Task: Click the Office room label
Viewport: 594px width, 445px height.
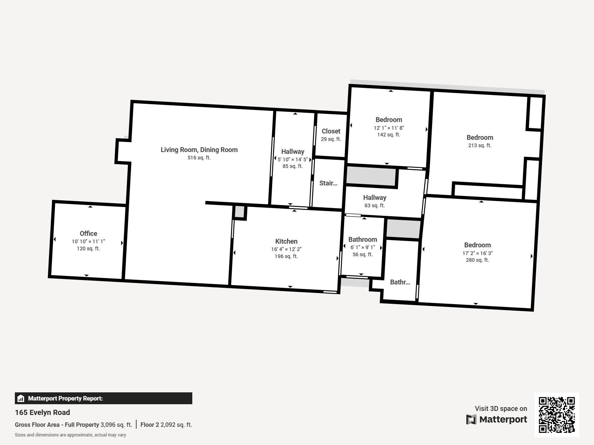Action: pyautogui.click(x=88, y=233)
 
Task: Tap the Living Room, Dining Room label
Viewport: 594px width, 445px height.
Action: pyautogui.click(x=199, y=150)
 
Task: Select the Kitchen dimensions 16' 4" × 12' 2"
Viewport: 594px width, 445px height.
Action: pyautogui.click(x=286, y=249)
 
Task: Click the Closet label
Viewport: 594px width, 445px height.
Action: pyautogui.click(x=331, y=131)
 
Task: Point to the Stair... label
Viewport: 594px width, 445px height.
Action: pyautogui.click(x=328, y=183)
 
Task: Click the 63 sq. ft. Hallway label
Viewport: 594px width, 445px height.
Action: pyautogui.click(x=375, y=205)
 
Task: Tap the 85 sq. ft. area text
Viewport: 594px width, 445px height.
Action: pyautogui.click(x=293, y=166)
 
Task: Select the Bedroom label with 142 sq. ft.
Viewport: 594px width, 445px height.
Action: pyautogui.click(x=389, y=120)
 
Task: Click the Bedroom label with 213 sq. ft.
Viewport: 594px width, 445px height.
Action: pyautogui.click(x=480, y=138)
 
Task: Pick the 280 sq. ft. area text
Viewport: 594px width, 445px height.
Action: pyautogui.click(x=477, y=260)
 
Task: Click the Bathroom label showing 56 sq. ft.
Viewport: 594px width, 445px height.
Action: pyautogui.click(x=362, y=240)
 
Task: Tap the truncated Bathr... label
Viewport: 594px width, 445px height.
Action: pyautogui.click(x=400, y=282)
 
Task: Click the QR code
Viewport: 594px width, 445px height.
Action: pyautogui.click(x=557, y=415)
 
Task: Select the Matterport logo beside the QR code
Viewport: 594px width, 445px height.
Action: pyautogui.click(x=497, y=419)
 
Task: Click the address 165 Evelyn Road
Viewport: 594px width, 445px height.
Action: pyautogui.click(x=42, y=412)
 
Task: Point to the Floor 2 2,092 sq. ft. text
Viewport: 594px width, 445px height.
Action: pyautogui.click(x=166, y=425)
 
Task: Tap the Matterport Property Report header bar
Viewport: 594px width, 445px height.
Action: pyautogui.click(x=103, y=398)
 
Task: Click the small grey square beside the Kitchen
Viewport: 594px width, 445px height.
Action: pyautogui.click(x=239, y=212)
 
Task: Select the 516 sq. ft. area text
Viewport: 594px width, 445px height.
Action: pyautogui.click(x=199, y=158)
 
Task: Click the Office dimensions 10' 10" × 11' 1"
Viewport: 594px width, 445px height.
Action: pyautogui.click(x=88, y=241)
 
